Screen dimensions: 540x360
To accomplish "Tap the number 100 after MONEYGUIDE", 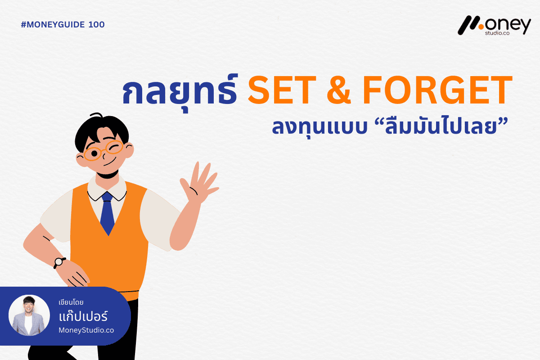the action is coord(96,25).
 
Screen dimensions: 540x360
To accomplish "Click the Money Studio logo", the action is coord(494,26).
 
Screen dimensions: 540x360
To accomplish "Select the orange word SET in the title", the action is coord(282,90).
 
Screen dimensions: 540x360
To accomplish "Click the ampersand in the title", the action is coord(339,90).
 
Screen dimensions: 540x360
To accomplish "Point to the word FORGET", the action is coord(437,90).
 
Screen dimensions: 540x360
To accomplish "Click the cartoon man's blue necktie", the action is coord(107,213).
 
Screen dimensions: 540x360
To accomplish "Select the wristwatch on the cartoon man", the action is coord(59,262).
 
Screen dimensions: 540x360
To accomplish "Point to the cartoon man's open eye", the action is coord(94,153).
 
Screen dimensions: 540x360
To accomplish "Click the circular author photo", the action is coord(29,315).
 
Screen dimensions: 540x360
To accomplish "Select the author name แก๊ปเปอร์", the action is coord(83,316).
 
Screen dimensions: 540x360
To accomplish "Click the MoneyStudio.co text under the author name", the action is coord(86,330).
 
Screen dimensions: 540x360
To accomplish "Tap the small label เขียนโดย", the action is coord(71,302).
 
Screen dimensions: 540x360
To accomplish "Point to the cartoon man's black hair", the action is coord(101,130).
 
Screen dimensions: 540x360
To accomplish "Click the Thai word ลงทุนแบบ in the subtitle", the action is coord(319,127).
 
